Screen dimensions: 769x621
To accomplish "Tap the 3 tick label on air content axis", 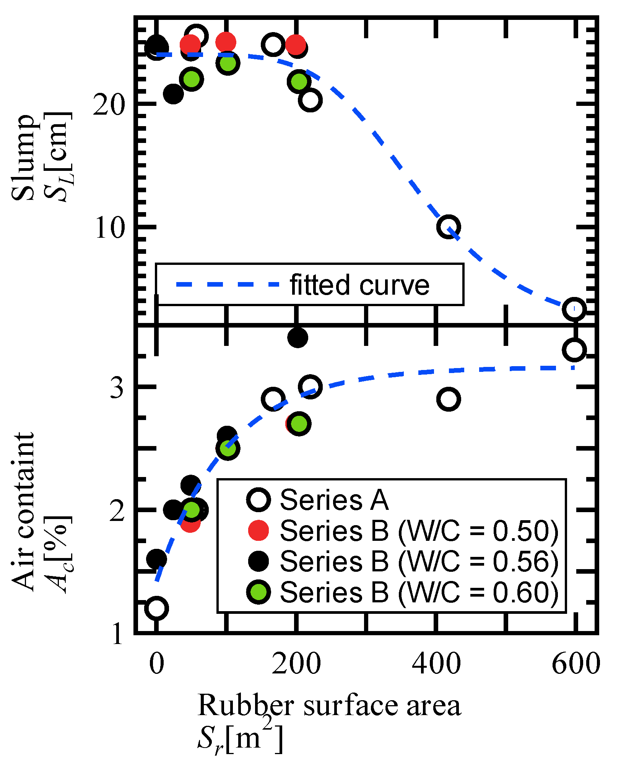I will (117, 388).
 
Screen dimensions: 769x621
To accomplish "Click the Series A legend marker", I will (258, 500).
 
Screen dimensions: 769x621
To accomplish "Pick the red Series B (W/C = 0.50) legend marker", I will (258, 531).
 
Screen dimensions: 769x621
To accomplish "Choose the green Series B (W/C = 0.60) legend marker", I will (258, 592).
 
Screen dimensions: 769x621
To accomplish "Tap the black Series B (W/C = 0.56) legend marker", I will (258, 561).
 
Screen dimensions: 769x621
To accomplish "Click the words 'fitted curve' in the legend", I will (359, 285).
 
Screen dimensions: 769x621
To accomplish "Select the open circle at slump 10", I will (448, 227).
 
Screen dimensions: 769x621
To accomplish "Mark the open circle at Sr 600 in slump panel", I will (574, 309).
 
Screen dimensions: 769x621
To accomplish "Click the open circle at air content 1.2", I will (156, 608).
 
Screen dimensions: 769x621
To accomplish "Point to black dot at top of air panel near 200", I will (298, 337).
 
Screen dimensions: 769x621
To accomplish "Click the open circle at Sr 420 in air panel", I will (448, 399).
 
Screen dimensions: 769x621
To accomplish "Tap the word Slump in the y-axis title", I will (23, 157).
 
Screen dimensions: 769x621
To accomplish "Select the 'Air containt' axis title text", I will (23, 512).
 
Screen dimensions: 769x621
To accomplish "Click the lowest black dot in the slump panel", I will (173, 94).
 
